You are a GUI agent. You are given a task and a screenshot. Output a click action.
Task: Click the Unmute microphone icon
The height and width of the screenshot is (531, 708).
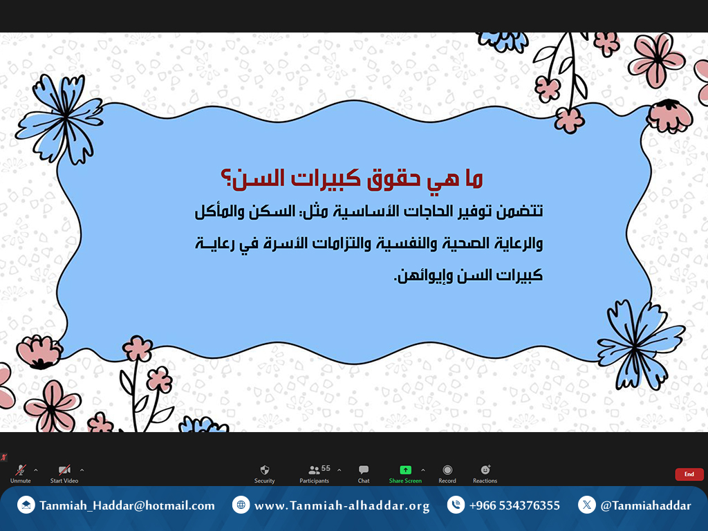(x=20, y=470)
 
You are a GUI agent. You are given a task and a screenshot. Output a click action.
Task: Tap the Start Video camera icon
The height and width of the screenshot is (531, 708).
(x=64, y=470)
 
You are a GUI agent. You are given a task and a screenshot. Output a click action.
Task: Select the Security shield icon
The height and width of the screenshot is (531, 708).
(x=265, y=470)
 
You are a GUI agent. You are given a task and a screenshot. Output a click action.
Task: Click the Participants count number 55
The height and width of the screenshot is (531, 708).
(x=326, y=468)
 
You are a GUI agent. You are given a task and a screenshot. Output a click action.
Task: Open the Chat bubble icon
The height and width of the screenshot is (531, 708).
(x=364, y=470)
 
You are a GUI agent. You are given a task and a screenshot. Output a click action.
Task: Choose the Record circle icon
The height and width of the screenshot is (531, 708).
(x=447, y=470)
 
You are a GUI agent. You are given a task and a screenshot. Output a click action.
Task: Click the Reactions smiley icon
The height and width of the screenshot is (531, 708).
(x=485, y=469)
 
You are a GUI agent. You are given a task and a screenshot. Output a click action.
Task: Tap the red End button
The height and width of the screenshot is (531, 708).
(x=689, y=474)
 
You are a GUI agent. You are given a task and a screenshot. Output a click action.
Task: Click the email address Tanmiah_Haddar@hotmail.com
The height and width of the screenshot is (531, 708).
(x=127, y=505)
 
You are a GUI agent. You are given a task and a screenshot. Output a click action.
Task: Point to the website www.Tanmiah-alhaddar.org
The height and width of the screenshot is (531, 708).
(x=342, y=505)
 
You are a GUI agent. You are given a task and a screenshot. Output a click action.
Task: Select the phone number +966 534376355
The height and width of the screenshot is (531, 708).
(x=514, y=505)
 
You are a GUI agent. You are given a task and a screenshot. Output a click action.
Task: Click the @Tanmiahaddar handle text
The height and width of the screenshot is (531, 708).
(x=646, y=505)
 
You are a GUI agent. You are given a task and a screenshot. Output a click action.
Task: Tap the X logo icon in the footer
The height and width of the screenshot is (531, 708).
(x=586, y=505)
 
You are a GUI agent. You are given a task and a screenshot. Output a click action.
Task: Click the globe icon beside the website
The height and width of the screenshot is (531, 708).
(x=241, y=505)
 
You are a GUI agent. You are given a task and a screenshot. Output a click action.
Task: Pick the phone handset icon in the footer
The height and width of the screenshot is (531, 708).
(x=456, y=505)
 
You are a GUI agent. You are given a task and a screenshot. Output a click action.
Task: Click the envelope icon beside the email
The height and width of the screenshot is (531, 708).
(x=26, y=505)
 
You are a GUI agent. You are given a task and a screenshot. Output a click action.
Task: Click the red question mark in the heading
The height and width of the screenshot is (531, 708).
(x=226, y=179)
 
